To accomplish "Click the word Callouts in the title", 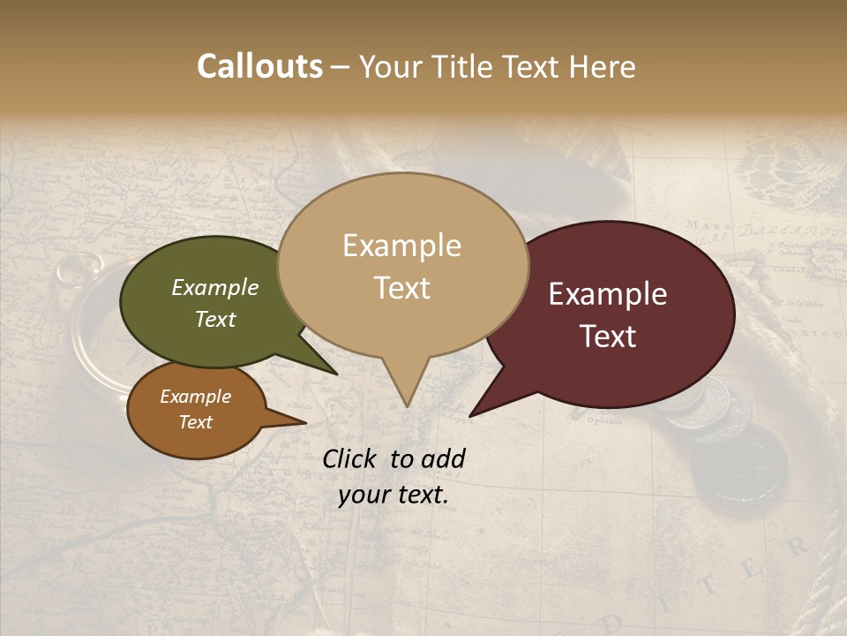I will click(x=259, y=67).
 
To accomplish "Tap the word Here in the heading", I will click(x=602, y=67).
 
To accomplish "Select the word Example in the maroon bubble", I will click(x=607, y=294).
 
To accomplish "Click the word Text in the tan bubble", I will click(x=402, y=288).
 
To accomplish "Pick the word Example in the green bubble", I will click(x=214, y=287).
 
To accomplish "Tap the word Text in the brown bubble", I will click(x=196, y=422).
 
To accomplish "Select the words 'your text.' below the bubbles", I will click(x=394, y=496).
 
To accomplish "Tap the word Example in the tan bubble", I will click(x=402, y=246).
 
